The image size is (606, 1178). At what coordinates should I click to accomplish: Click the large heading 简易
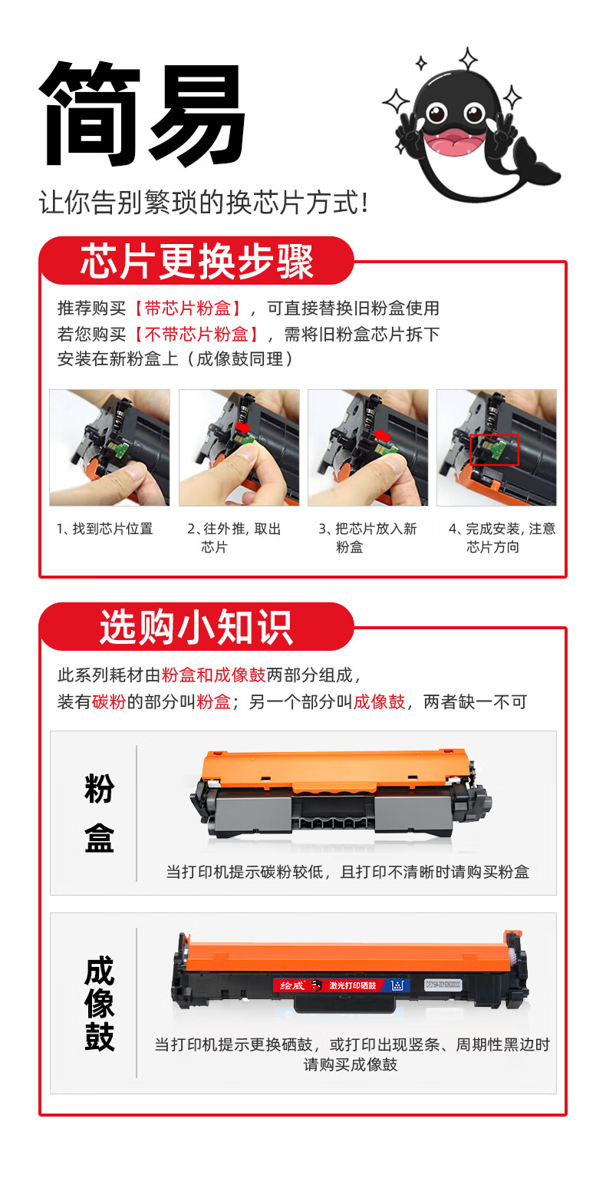[x=143, y=114]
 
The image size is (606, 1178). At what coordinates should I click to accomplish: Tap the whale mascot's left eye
[x=436, y=113]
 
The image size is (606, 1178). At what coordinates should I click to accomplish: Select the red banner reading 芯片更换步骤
[x=196, y=261]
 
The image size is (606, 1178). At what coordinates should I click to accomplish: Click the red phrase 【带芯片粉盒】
[x=187, y=309]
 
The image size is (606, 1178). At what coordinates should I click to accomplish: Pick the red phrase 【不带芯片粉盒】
[x=196, y=334]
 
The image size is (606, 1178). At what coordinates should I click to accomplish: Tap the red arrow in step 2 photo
[x=242, y=426]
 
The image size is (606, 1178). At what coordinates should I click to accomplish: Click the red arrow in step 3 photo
[x=383, y=436]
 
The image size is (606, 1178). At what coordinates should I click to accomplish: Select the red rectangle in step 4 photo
[x=494, y=450]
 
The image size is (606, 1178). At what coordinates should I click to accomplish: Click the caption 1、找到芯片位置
[x=104, y=529]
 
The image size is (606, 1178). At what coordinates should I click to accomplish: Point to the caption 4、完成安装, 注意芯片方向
[x=502, y=537]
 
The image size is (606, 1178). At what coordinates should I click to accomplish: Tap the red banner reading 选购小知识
[x=196, y=627]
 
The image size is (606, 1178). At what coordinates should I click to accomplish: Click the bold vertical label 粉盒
[x=99, y=813]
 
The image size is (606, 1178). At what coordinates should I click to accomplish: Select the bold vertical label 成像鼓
[x=99, y=1005]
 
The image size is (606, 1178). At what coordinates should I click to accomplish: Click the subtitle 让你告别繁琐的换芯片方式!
[x=204, y=203]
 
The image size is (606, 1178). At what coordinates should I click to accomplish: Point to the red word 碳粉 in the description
[x=110, y=701]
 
